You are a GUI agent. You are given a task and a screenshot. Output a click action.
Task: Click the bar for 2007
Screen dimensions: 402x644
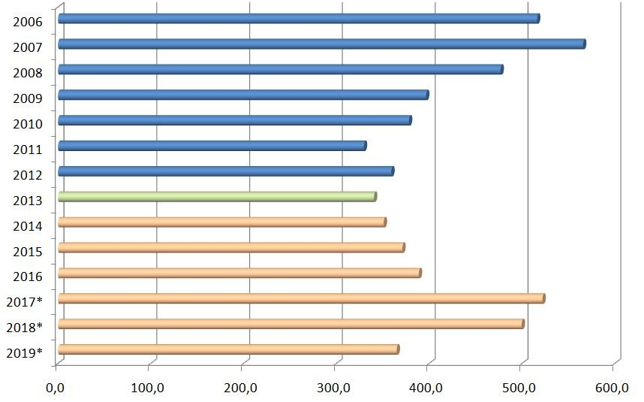[321, 44]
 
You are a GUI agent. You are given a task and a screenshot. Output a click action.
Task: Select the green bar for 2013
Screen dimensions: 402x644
[217, 197]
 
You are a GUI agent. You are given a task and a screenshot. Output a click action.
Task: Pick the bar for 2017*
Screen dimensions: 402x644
[301, 299]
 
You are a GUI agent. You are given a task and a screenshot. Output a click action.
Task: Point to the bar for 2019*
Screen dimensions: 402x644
[228, 349]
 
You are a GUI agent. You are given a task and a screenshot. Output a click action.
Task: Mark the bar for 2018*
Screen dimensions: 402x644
[290, 324]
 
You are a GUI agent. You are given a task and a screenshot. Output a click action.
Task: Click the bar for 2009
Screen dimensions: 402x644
[243, 95]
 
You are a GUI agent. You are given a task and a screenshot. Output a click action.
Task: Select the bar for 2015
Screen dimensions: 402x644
[231, 248]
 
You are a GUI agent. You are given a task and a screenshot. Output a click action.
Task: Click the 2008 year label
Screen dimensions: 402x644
[27, 72]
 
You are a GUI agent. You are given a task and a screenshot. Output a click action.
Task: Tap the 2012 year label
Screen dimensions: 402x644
[27, 174]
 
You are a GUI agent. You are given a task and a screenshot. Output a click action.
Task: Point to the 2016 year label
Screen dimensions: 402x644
[27, 276]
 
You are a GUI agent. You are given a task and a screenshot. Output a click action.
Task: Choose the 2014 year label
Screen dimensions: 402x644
[27, 225]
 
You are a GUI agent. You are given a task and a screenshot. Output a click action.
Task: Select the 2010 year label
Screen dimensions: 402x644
[27, 123]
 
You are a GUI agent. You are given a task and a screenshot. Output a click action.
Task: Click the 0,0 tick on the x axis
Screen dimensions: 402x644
[56, 388]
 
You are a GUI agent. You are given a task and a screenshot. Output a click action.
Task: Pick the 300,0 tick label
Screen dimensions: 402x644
[335, 388]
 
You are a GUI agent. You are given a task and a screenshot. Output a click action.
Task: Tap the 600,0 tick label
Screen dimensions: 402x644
[613, 388]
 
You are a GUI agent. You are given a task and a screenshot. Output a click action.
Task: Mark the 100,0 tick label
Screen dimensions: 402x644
[149, 388]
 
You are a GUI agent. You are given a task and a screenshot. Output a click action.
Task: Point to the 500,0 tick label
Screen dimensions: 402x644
[520, 388]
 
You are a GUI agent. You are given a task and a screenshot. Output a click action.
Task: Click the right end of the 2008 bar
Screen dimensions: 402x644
[501, 69]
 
